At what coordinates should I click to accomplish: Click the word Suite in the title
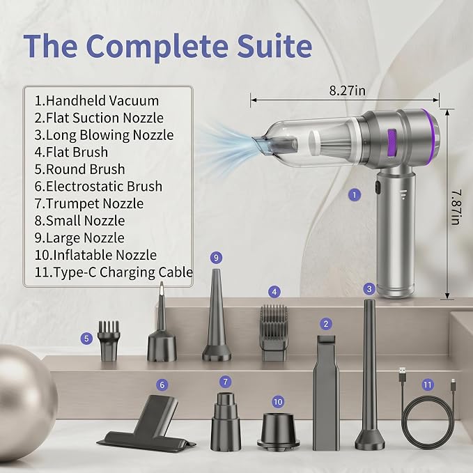tap(274, 46)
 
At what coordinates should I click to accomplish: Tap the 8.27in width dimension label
tap(347, 91)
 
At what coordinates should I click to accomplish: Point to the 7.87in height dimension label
tap(456, 207)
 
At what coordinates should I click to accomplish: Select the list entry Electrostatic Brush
tap(98, 186)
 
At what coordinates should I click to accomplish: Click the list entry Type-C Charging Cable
tap(114, 272)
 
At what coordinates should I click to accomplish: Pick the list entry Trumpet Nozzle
tap(89, 203)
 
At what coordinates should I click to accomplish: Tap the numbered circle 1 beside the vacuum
tap(355, 195)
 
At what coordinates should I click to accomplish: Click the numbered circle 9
tap(216, 258)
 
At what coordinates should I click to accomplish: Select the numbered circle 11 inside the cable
tap(428, 385)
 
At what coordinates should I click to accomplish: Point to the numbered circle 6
tap(162, 385)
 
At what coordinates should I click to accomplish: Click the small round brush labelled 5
tap(109, 341)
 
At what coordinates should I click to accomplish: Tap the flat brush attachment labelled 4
tap(274, 333)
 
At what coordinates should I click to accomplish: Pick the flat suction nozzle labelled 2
tap(326, 392)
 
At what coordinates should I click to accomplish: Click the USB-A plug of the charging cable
tap(402, 373)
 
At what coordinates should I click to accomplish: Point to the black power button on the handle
tap(378, 187)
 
